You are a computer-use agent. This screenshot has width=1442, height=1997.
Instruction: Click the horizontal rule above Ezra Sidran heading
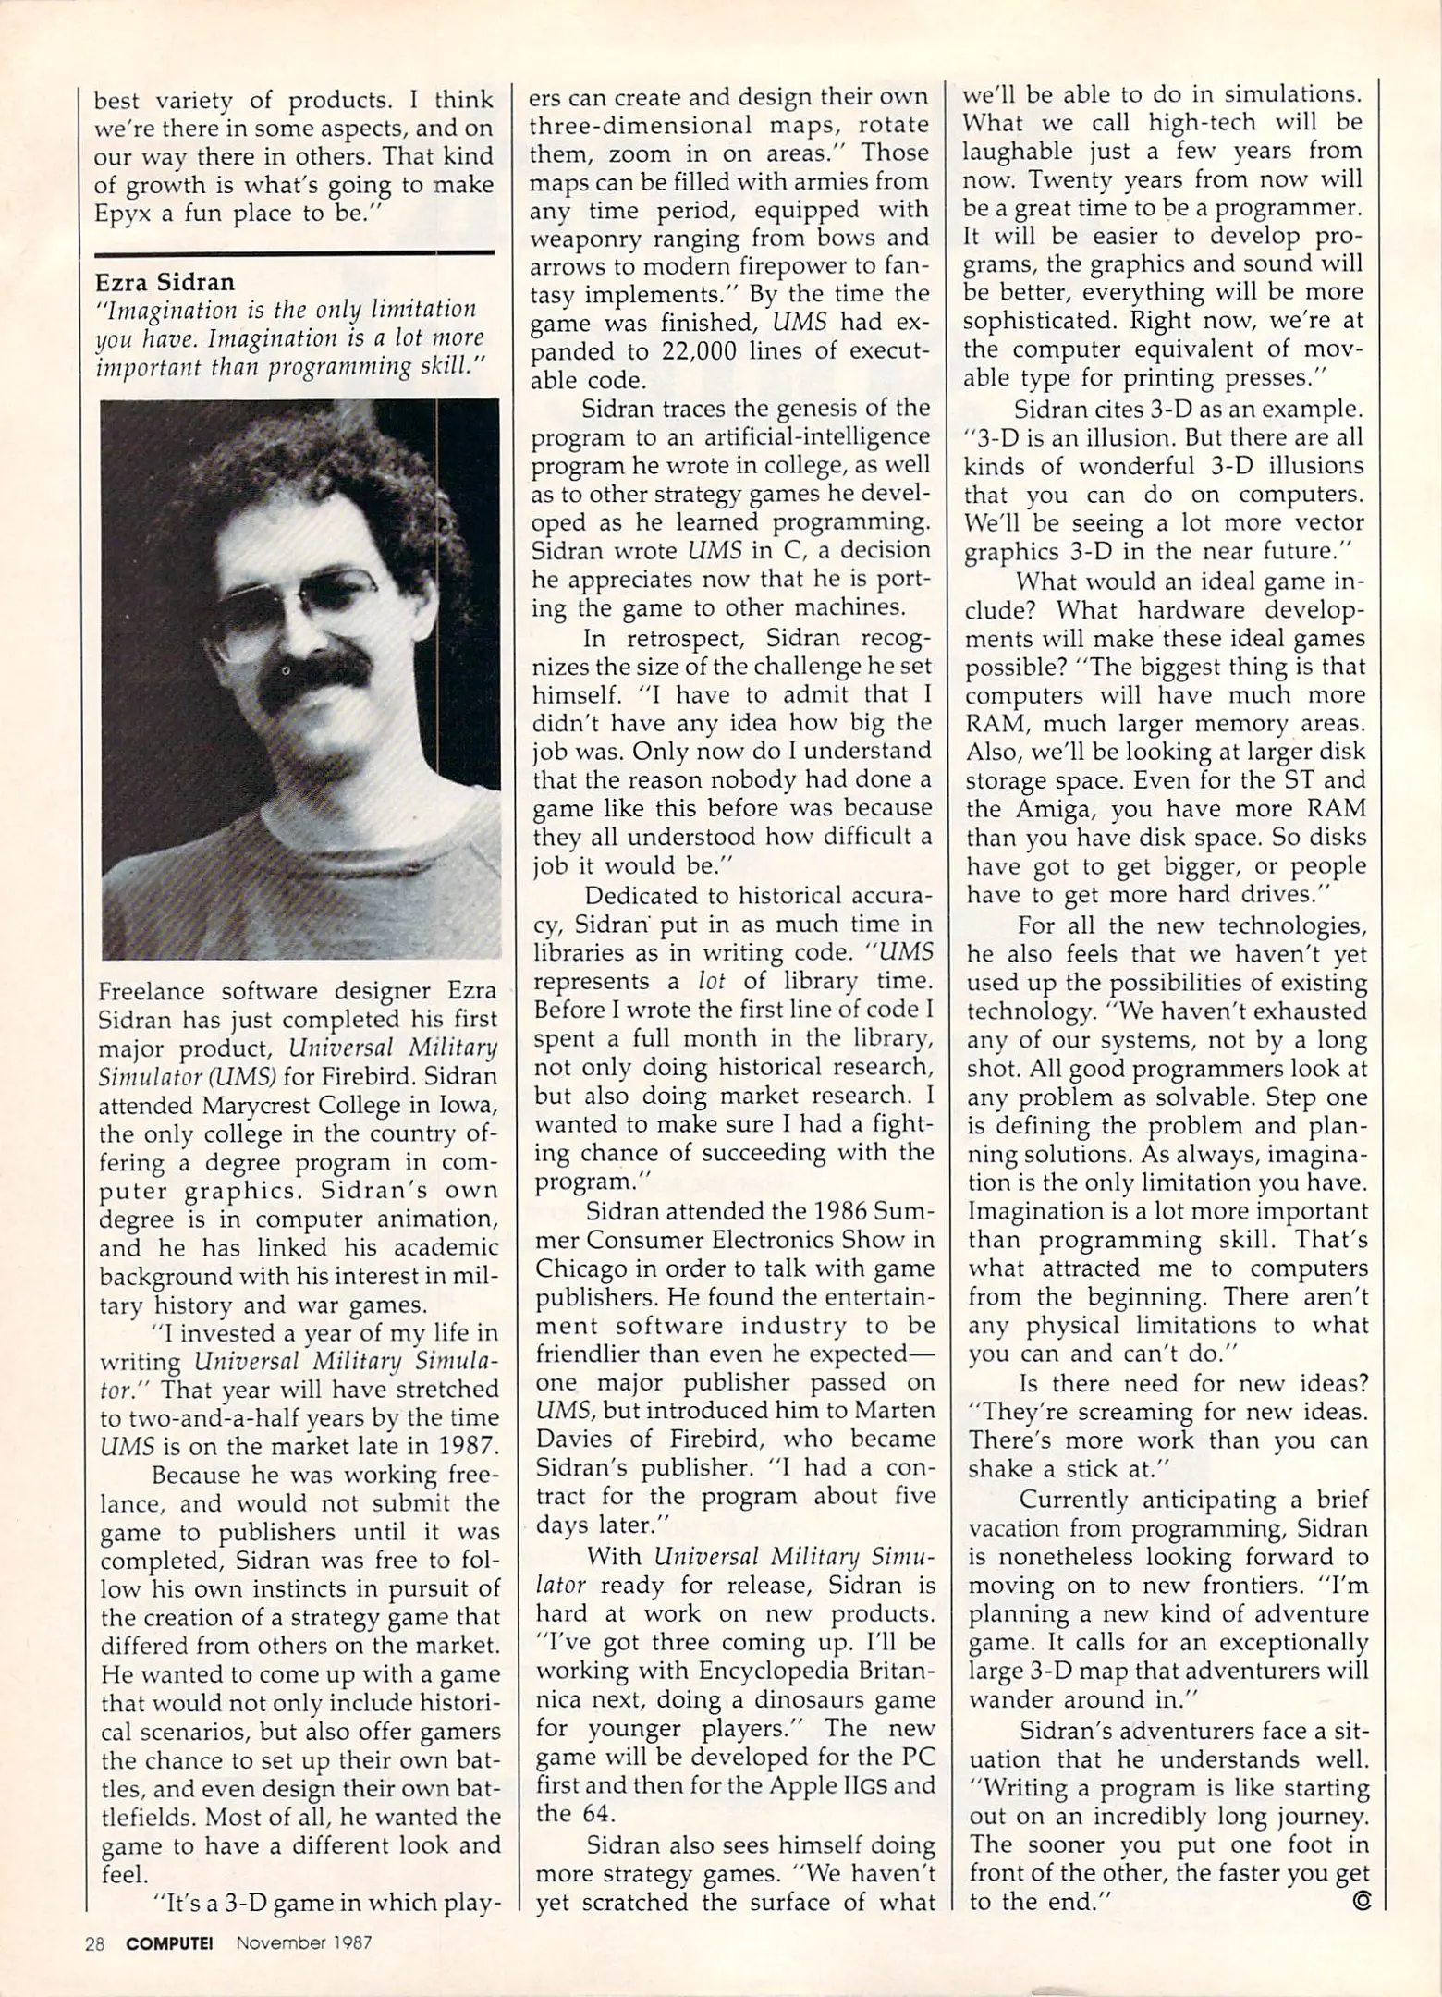294,252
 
